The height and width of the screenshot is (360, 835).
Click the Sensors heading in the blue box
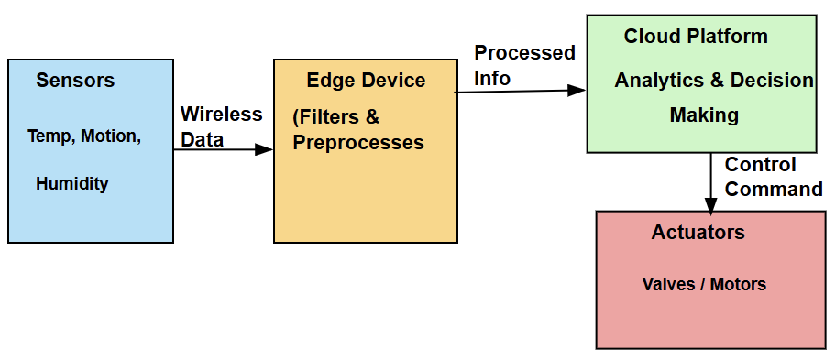pyautogui.click(x=75, y=81)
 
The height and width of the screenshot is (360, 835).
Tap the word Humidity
pyautogui.click(x=71, y=184)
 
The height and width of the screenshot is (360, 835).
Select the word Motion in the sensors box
pyautogui.click(x=111, y=136)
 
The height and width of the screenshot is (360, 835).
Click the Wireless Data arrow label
pyautogui.click(x=221, y=127)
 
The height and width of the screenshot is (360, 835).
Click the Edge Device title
pyautogui.click(x=366, y=81)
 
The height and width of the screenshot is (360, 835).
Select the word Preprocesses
pyautogui.click(x=358, y=143)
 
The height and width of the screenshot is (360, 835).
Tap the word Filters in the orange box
pyautogui.click(x=331, y=117)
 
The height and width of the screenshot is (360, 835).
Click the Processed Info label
pyautogui.click(x=523, y=65)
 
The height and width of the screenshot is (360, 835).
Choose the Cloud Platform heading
pyautogui.click(x=696, y=37)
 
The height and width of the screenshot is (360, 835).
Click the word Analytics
pyautogui.click(x=659, y=81)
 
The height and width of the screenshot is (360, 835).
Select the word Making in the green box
pyautogui.click(x=704, y=115)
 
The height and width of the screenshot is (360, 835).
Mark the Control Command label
pyautogui.click(x=773, y=177)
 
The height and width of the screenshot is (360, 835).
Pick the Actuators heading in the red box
pyautogui.click(x=698, y=233)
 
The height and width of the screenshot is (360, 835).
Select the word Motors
pyautogui.click(x=738, y=284)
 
